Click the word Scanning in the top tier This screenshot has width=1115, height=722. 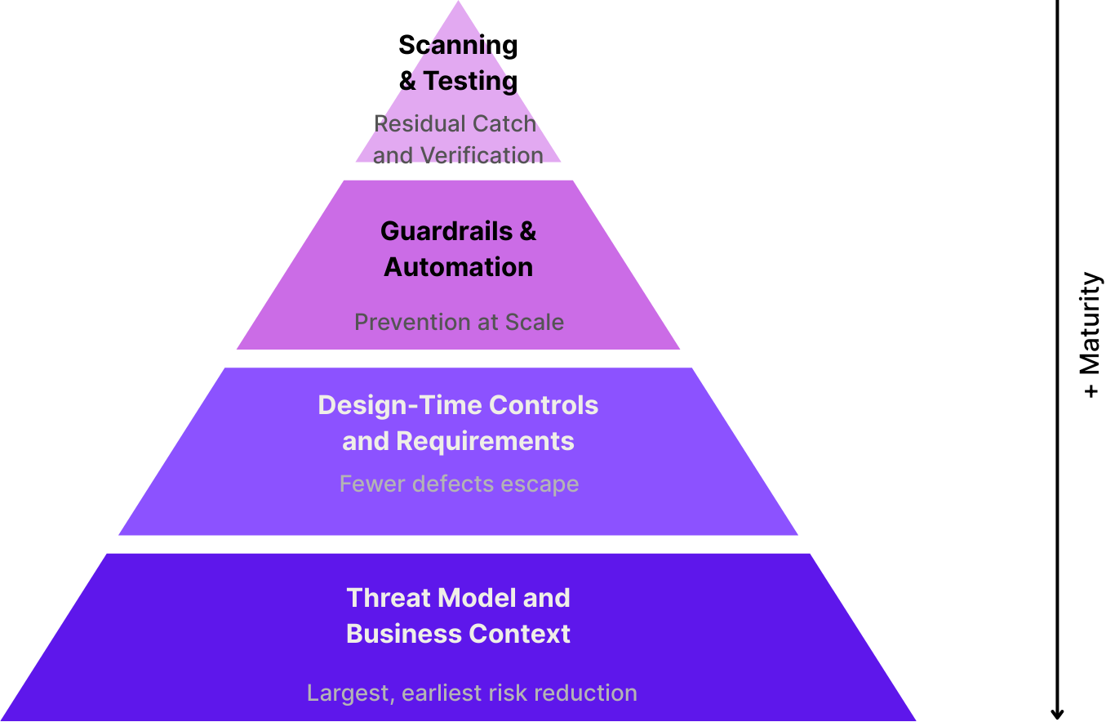tap(458, 45)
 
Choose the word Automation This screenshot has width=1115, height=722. tap(459, 267)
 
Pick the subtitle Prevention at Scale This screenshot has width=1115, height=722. tap(459, 322)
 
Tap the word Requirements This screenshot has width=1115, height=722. tap(485, 441)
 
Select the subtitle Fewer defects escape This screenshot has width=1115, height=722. tap(459, 484)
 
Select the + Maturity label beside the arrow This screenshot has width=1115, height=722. tap(1091, 335)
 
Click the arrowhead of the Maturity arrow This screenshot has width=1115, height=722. tap(1057, 712)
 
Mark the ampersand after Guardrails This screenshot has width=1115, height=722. tap(528, 231)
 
